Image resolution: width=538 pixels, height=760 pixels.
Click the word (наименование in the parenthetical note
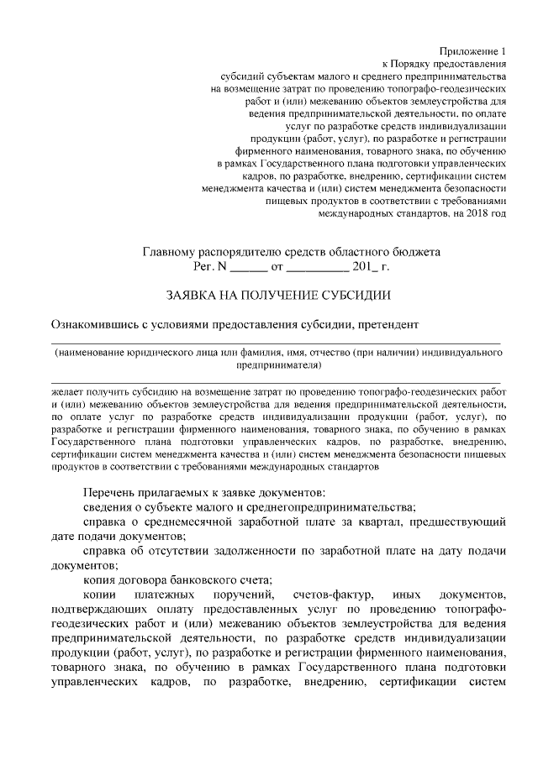click(93, 354)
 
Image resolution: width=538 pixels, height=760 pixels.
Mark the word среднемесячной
click(188, 522)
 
